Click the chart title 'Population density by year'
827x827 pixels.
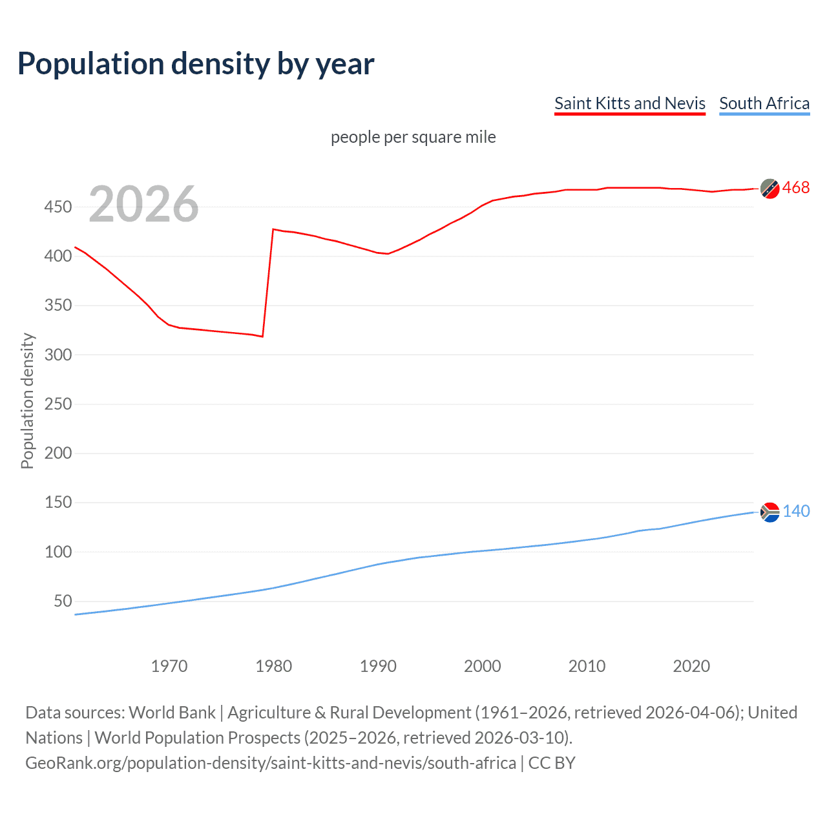pos(196,64)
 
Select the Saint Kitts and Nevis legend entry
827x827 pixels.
pos(629,103)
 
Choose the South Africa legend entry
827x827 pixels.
pos(764,103)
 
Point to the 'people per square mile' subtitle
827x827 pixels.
pos(413,137)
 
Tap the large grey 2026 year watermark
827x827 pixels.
pos(143,204)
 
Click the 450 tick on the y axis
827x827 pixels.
pos(58,207)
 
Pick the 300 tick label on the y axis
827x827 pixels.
pos(58,355)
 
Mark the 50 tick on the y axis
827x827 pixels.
pos(63,601)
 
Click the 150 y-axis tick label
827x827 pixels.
pos(58,502)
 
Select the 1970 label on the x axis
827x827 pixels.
pos(169,666)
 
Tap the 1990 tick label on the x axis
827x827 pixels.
pos(378,666)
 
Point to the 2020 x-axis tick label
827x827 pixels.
pos(691,666)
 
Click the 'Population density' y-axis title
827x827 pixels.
pos(27,401)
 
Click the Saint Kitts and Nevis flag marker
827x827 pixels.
pos(769,188)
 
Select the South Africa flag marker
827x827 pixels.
pos(769,512)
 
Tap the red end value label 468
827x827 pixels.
pos(795,188)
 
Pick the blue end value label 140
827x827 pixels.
pos(796,512)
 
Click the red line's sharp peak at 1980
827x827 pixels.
pos(273,229)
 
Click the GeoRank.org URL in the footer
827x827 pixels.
pos(271,763)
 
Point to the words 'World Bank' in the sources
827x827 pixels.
pos(172,713)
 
